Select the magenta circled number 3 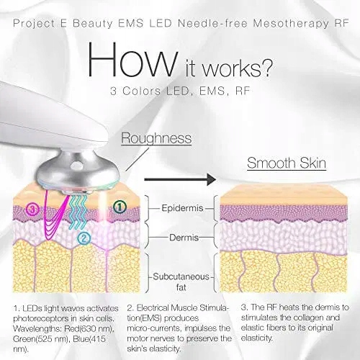coord(33,210)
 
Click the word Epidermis coord(182,208)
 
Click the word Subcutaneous coord(181,276)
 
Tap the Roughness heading coord(156,138)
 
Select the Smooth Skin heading coord(287,163)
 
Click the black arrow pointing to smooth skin coord(180,179)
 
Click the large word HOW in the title coord(132,60)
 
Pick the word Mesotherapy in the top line coord(291,24)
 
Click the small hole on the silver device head coord(78,165)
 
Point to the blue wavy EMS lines coord(77,211)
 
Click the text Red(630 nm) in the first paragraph coord(89,328)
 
